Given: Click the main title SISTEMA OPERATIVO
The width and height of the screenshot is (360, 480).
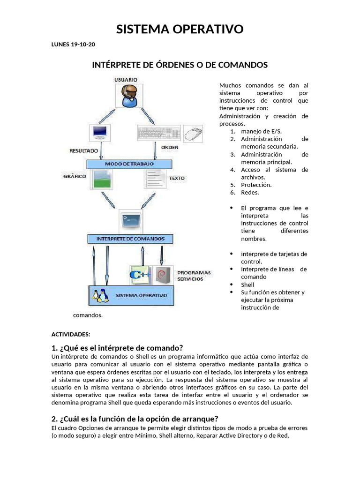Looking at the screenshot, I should coord(180,30).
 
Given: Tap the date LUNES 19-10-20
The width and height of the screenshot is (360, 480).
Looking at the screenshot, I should coord(73,45).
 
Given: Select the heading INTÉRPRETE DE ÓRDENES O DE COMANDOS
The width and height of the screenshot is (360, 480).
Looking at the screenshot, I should coord(180,65).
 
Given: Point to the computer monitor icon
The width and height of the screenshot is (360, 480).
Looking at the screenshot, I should coord(100,133).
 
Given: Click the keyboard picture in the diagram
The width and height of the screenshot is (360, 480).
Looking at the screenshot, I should coord(158,133).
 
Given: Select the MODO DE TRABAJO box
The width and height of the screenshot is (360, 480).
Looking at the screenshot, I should coord(129,164).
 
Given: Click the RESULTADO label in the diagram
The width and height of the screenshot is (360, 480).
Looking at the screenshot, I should coord(83,151).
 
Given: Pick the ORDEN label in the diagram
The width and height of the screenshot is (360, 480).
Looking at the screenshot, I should coord(170,147).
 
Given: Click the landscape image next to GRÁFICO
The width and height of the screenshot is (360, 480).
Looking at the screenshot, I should coord(102,179).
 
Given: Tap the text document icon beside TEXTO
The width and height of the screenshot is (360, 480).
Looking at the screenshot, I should coord(155,179).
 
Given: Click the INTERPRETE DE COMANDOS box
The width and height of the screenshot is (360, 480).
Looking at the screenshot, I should coord(130,239).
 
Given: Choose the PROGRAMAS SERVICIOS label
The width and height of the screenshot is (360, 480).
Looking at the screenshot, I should coord(194,276).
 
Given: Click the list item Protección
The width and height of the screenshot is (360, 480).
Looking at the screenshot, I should coord(256,185).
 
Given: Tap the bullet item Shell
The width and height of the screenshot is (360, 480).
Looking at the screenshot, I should coord(247,285).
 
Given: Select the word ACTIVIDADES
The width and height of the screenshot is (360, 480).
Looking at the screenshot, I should coord(70,334).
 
